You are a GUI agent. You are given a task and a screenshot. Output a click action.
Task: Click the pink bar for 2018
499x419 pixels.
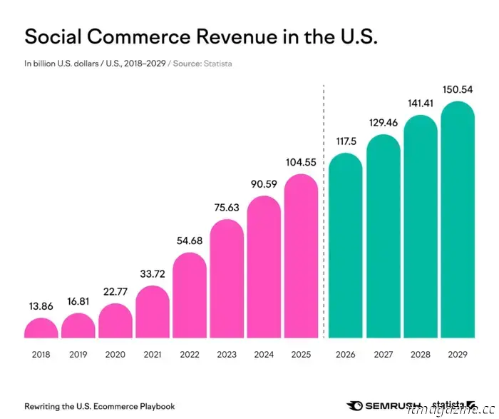[x=41, y=328]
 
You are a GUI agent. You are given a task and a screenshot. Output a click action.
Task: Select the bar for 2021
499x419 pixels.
[x=152, y=312]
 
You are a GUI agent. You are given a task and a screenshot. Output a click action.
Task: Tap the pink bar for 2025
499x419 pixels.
[x=301, y=257]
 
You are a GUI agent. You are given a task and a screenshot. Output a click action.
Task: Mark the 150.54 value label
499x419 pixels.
[x=457, y=90]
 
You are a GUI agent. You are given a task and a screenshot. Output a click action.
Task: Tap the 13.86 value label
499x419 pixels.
[x=41, y=307]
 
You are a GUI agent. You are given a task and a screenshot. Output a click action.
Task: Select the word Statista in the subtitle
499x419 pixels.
[x=218, y=64]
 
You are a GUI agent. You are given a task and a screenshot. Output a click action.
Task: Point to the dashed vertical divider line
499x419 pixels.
[x=324, y=214]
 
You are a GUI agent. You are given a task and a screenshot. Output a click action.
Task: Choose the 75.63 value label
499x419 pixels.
[x=226, y=208]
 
